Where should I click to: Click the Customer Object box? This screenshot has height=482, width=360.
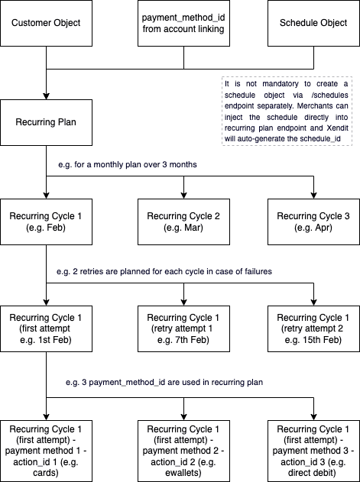coord(46,24)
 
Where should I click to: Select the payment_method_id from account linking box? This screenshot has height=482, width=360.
coord(183,24)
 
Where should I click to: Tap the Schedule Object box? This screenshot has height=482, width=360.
coord(313,24)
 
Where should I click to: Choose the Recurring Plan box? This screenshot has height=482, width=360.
coord(46,122)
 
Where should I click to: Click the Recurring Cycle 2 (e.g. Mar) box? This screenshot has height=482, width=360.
coord(183,222)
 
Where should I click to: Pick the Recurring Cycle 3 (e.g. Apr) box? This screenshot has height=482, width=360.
coord(313,222)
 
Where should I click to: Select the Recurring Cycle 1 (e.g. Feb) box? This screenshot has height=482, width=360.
coord(46,222)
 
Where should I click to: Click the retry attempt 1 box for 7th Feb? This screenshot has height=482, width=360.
coord(183,329)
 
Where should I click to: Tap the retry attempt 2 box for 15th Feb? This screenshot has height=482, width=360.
coord(313,329)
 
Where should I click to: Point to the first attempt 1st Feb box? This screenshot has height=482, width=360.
coord(46,329)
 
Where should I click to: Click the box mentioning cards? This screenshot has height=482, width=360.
coord(46,451)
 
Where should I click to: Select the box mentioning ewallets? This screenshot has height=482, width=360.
coord(183,451)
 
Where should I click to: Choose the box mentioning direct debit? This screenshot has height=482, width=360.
coord(313,451)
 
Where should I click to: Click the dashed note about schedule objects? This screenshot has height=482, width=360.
coord(287,111)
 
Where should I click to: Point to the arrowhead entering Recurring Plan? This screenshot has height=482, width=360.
coord(46,95)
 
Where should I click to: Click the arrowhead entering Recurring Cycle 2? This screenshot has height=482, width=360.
coord(183,196)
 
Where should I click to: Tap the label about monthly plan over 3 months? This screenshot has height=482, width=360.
coord(128,164)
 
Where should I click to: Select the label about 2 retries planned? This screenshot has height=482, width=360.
coord(164,271)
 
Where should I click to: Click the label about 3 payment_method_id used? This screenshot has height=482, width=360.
coord(164,383)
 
